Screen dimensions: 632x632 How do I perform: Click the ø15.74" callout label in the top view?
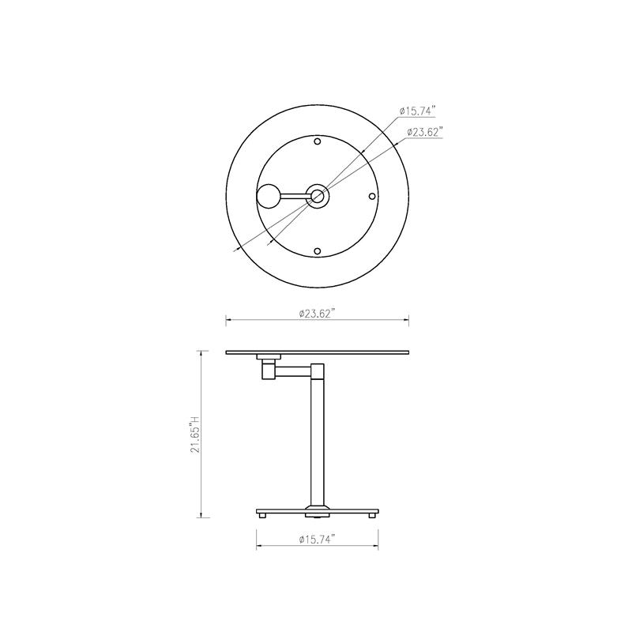(418, 111)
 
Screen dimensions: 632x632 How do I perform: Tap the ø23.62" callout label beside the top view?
(425, 132)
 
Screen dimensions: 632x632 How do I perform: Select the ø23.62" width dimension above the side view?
(318, 314)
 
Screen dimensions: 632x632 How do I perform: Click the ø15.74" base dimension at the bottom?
(318, 540)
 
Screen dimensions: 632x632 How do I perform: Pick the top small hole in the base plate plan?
(318, 141)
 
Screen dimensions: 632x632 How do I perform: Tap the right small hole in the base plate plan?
(372, 196)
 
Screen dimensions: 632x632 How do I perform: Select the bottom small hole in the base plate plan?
(318, 251)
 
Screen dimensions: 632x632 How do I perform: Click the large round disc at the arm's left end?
(269, 196)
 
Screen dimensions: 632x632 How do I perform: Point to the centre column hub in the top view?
(318, 196)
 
